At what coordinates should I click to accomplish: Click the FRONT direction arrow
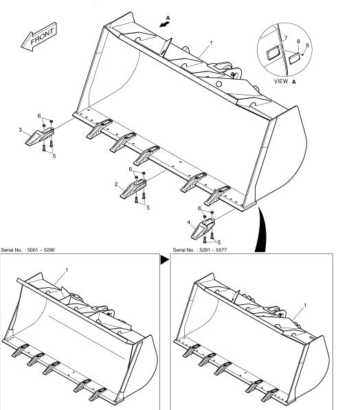38,37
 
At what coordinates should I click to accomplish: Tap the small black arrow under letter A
165,24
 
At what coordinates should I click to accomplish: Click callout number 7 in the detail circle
286,38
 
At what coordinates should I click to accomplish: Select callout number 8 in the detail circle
299,42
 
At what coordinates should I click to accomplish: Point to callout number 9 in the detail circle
307,45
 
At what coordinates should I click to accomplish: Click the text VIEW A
285,81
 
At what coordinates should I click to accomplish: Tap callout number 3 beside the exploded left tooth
21,130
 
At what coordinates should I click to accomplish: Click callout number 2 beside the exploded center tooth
116,184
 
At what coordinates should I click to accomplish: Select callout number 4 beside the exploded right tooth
189,223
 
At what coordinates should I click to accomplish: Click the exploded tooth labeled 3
40,136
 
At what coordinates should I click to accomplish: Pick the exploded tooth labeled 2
133,189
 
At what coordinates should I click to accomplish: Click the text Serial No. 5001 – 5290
28,250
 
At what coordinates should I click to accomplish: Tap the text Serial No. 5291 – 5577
200,250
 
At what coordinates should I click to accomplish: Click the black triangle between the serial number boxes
165,260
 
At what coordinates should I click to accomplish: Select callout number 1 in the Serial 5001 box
67,270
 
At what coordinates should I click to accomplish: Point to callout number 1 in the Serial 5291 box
305,305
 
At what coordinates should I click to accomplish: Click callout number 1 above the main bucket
211,43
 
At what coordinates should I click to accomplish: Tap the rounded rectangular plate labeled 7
273,53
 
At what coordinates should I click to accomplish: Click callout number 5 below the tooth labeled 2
148,207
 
